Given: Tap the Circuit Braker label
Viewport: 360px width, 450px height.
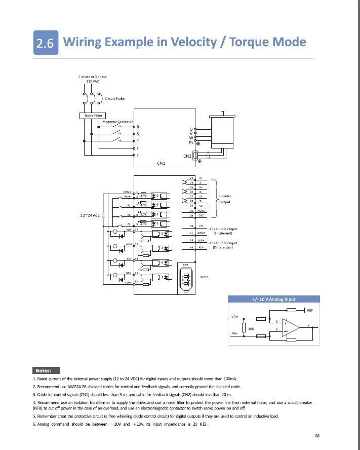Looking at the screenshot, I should click(115, 98).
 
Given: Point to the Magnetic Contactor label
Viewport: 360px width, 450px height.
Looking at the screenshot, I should click(117, 122).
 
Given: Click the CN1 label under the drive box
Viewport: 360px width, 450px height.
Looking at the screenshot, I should click(162, 163).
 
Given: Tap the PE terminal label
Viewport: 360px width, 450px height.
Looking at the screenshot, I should click(191, 142).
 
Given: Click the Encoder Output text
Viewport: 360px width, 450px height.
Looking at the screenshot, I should click(224, 199).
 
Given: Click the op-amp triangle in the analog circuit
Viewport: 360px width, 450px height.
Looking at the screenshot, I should click(290, 327).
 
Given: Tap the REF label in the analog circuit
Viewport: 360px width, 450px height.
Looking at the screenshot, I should click(310, 310).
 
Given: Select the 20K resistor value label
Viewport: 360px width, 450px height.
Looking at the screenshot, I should click(251, 329).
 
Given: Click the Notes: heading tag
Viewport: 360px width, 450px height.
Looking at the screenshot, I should click(46, 370).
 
